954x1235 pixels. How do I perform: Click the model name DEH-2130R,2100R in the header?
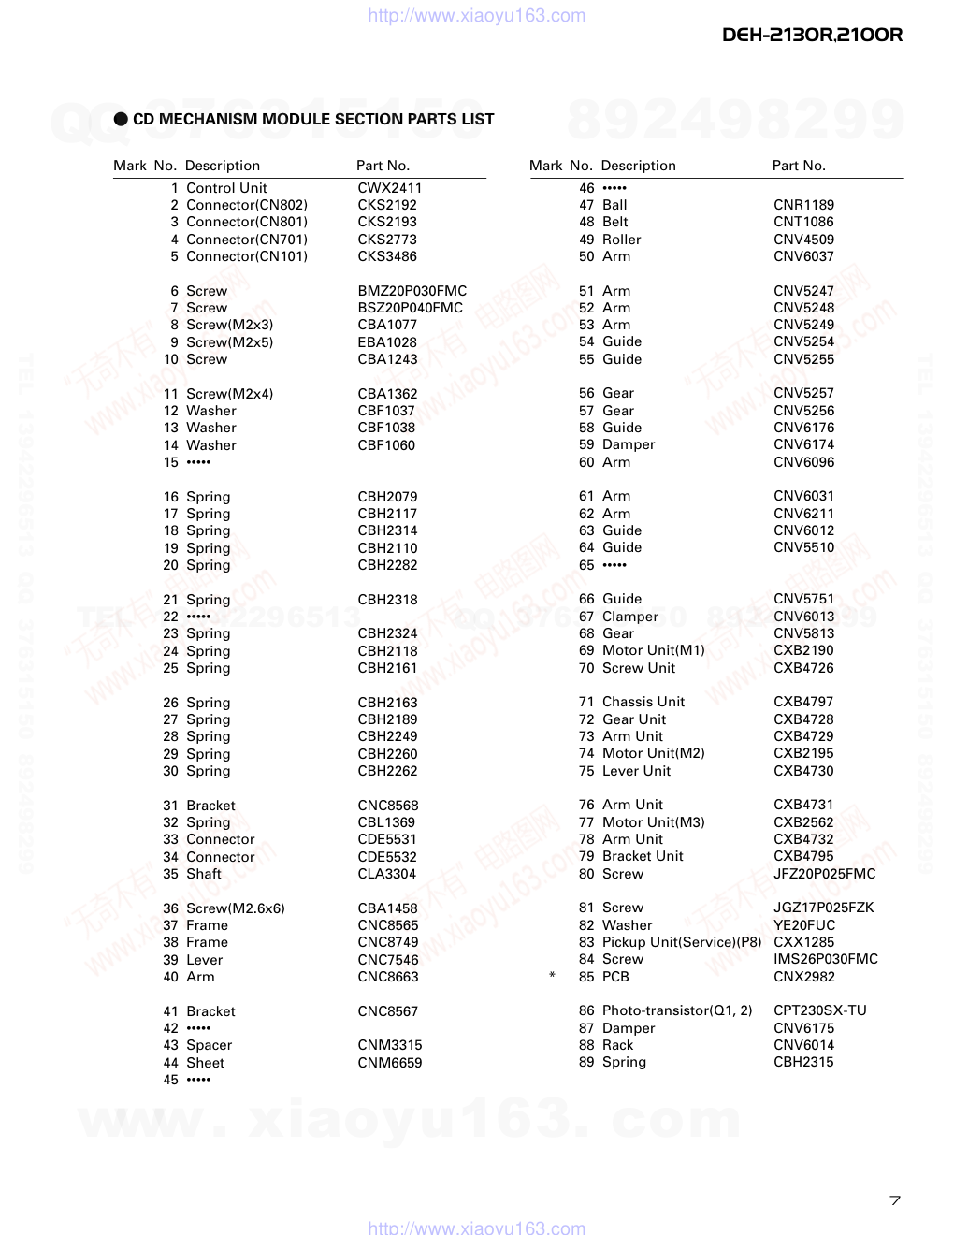click(812, 35)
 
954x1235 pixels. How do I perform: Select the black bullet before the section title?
click(121, 119)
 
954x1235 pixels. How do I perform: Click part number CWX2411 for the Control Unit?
click(389, 188)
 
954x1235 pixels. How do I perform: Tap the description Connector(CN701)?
click(246, 240)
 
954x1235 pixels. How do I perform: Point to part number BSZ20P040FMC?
click(410, 308)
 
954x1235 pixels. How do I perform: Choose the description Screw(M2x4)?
click(229, 394)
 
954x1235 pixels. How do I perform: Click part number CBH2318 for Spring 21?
click(387, 600)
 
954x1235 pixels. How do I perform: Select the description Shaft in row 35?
click(204, 874)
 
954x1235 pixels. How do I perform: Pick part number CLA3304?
click(386, 874)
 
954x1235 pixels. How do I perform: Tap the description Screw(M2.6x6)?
click(235, 908)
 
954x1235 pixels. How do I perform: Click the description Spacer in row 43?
click(209, 1045)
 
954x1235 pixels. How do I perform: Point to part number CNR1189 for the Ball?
click(803, 205)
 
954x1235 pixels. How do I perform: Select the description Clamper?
click(629, 617)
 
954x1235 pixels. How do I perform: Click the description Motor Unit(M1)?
click(653, 650)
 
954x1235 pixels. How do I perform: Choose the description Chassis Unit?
click(643, 702)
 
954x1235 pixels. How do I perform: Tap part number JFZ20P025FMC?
click(824, 874)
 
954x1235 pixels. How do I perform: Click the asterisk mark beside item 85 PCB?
click(552, 977)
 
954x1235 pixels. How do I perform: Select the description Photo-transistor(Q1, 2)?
click(676, 1010)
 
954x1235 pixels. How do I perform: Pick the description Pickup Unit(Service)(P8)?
click(682, 942)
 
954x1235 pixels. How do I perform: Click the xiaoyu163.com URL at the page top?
click(476, 15)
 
